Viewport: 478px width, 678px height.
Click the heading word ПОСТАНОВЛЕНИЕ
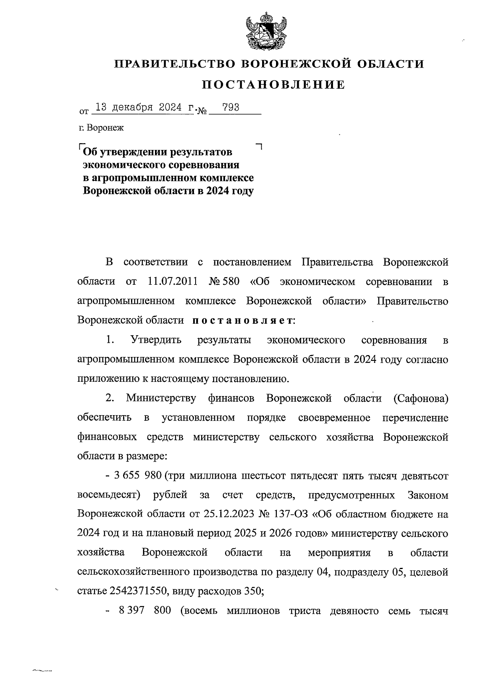[274, 85]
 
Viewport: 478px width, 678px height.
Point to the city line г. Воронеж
[102, 128]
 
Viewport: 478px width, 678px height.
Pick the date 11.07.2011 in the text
[172, 282]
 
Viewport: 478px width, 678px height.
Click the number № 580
[224, 282]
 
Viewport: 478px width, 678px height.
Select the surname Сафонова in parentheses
[421, 398]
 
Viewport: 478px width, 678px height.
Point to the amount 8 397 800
[145, 610]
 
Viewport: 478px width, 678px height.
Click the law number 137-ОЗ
[290, 514]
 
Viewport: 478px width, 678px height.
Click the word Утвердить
[155, 340]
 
